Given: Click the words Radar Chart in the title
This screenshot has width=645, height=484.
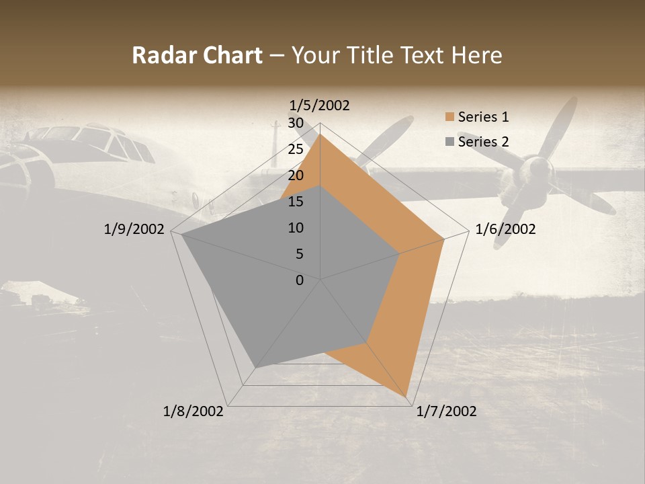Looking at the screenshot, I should pyautogui.click(x=196, y=56).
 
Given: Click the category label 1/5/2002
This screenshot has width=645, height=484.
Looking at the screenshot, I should pyautogui.click(x=319, y=106).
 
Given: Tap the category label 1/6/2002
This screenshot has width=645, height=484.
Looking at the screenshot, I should pyautogui.click(x=505, y=230).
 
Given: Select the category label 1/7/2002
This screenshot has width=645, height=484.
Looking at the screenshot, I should pyautogui.click(x=446, y=411).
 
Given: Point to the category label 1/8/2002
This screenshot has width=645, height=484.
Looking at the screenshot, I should pyautogui.click(x=193, y=411).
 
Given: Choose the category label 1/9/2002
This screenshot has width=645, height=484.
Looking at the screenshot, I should pyautogui.click(x=134, y=230).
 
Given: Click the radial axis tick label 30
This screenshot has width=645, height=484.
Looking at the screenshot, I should pyautogui.click(x=296, y=123).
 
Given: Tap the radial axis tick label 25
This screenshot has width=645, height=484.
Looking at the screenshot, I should pyautogui.click(x=296, y=149).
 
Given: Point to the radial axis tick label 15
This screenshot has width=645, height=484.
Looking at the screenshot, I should pyautogui.click(x=296, y=202).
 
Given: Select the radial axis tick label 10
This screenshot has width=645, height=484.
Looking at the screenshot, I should pyautogui.click(x=296, y=228).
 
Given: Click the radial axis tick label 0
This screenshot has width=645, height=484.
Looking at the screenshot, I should pyautogui.click(x=300, y=280).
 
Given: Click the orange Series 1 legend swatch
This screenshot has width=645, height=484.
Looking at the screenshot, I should pyautogui.click(x=449, y=118).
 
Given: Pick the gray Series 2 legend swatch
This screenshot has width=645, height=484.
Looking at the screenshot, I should pyautogui.click(x=449, y=142).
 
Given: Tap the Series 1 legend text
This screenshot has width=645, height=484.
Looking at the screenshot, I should pyautogui.click(x=483, y=117).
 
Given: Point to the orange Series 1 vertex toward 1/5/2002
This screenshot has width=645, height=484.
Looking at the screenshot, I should pyautogui.click(x=320, y=134).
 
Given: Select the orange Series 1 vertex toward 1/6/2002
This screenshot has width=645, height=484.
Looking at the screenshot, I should pyautogui.click(x=444, y=239).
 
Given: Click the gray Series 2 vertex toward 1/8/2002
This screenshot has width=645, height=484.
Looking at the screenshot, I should pyautogui.click(x=256, y=367).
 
